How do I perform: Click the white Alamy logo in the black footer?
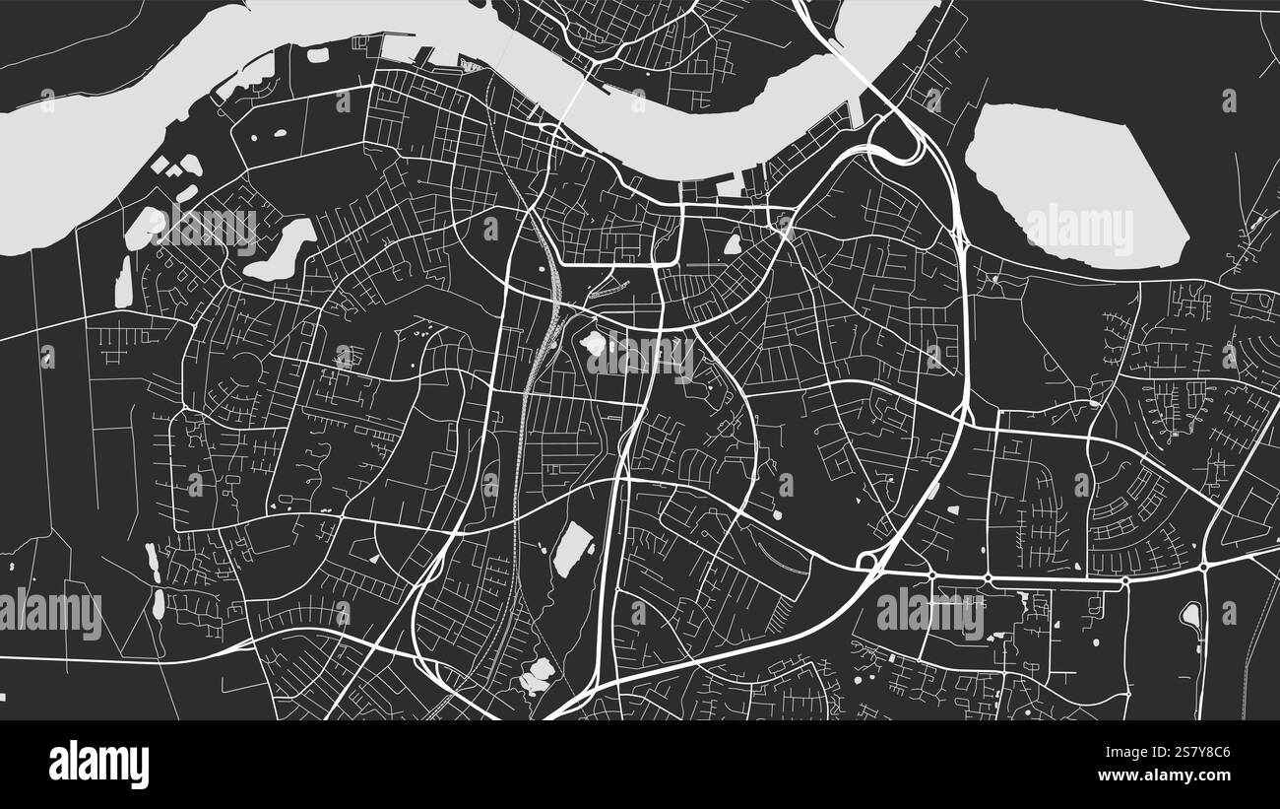pyautogui.click(x=98, y=764)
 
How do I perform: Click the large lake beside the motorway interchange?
pyautogui.click(x=1073, y=187)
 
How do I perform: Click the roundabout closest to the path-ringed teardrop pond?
pyautogui.click(x=1203, y=567)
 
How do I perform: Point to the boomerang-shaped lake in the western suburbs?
pyautogui.click(x=283, y=249)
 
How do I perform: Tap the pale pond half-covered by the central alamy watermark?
pyautogui.click(x=594, y=344)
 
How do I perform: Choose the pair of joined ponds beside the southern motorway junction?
pyautogui.click(x=538, y=674)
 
